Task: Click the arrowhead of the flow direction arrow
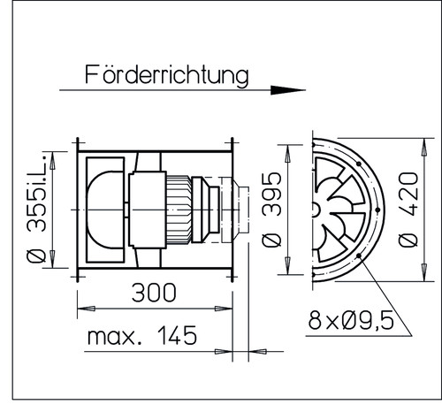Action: point(287,89)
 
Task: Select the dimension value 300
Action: point(155,293)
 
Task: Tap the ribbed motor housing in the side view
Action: point(180,209)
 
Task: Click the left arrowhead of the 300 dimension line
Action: point(82,309)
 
